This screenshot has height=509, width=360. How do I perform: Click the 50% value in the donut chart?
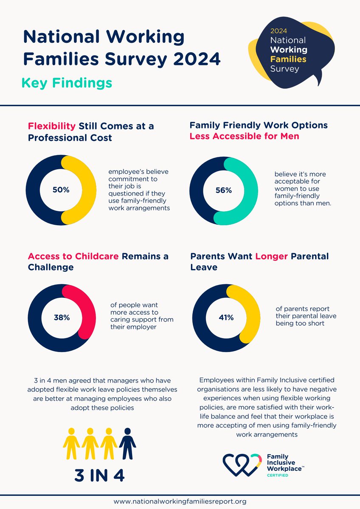click(61, 190)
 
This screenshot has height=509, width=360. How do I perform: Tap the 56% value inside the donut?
click(223, 190)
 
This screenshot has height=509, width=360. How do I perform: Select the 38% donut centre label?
click(62, 317)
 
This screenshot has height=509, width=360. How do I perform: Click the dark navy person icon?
click(127, 443)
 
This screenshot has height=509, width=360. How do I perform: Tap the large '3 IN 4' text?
click(99, 475)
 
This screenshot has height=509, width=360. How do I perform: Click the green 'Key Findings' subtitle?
click(67, 82)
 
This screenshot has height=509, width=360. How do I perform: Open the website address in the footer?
click(180, 501)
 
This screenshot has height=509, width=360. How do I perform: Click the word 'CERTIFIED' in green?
click(277, 475)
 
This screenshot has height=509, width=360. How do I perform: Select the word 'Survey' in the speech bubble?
click(285, 68)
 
